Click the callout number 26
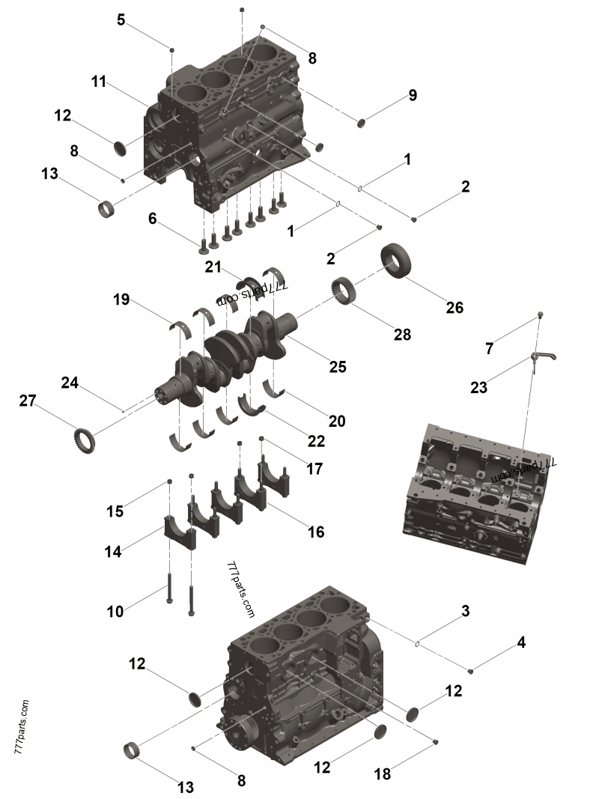point(454,307)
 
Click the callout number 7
point(490,348)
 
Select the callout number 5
point(121,20)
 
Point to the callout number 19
point(122,300)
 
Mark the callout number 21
point(214,267)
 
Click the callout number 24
point(70,383)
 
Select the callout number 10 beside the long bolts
point(115,611)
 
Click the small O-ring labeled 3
point(418,642)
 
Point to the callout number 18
point(383,774)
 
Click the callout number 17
point(314,469)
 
